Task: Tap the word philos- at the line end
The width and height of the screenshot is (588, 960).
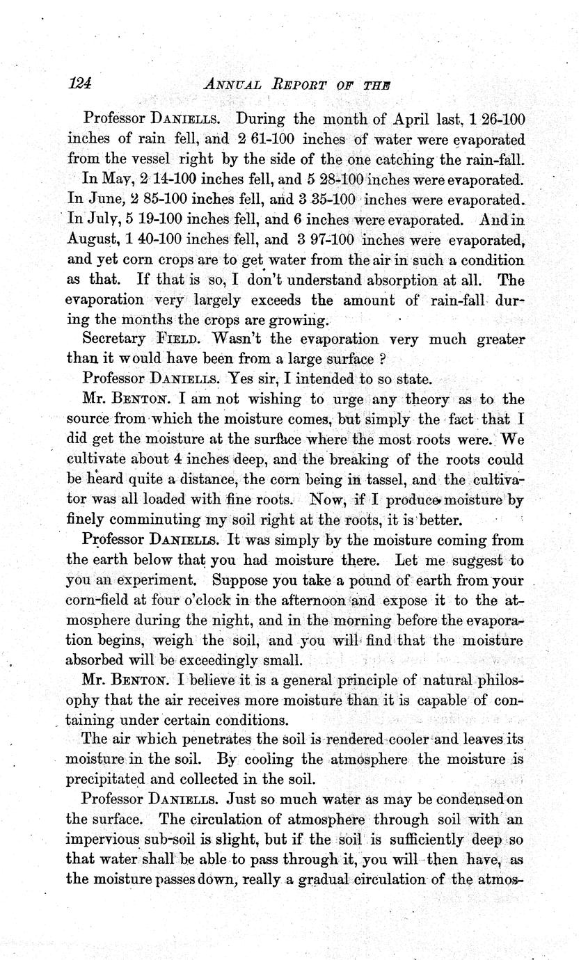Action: (501, 680)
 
